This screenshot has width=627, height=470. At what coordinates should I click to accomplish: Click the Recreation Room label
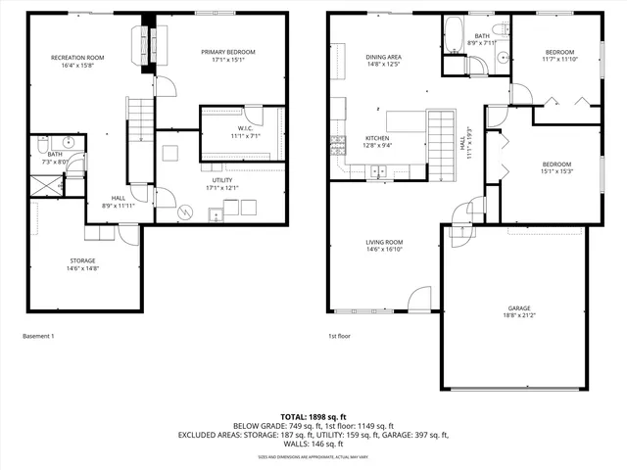[77, 58]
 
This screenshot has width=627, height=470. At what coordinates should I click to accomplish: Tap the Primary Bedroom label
[228, 51]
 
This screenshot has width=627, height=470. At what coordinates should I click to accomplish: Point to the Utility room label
[222, 180]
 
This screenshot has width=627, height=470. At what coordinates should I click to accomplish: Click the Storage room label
[81, 260]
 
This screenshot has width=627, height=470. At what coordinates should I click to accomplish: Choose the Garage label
[518, 306]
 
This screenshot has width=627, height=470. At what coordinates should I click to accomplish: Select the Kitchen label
[378, 138]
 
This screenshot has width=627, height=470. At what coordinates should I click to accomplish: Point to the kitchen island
[406, 121]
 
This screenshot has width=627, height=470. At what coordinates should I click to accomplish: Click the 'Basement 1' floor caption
[38, 336]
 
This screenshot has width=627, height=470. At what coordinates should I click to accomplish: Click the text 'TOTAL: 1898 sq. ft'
[313, 416]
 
